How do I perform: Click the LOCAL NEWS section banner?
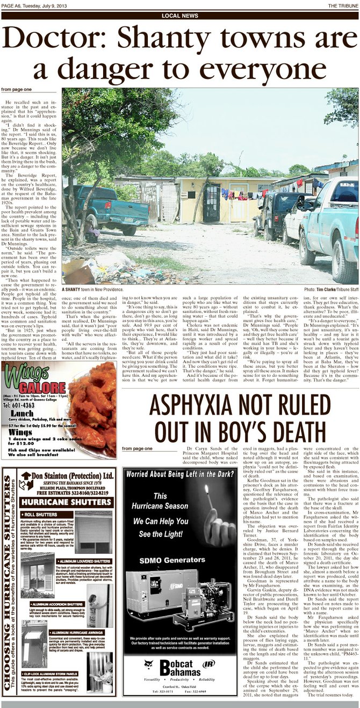179,16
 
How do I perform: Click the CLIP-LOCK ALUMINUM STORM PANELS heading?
52,673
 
